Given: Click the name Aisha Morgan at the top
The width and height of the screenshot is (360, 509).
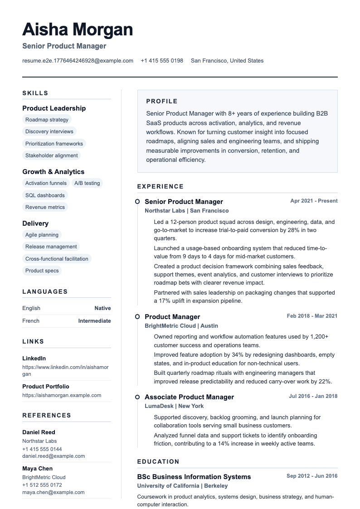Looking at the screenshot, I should (x=78, y=30).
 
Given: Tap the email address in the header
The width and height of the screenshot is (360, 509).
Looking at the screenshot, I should (x=78, y=61).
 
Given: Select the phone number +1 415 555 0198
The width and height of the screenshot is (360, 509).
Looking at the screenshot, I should (x=162, y=61).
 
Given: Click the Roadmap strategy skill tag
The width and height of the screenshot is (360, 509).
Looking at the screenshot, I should (x=47, y=120).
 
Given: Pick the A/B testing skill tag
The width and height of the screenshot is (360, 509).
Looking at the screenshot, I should (x=87, y=183).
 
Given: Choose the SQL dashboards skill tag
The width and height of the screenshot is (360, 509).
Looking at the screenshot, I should (x=45, y=195).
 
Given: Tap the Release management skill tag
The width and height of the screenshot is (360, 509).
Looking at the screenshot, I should (x=51, y=247).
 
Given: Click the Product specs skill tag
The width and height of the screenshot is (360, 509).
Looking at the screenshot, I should (x=42, y=271).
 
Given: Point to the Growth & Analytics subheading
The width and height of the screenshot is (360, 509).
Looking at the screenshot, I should (x=54, y=172).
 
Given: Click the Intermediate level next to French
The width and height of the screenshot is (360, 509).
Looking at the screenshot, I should (x=94, y=321).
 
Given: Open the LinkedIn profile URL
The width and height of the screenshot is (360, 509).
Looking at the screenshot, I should (x=65, y=370).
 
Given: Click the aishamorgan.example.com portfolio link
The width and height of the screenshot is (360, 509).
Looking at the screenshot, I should (x=62, y=395).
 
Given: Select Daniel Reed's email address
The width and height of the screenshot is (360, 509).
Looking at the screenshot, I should (x=54, y=456).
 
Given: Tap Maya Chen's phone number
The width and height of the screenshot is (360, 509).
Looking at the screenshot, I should (x=42, y=485).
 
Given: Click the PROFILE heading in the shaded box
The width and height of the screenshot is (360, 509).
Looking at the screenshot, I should (x=162, y=102).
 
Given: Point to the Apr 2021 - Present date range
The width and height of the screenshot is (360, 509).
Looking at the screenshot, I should (x=314, y=201).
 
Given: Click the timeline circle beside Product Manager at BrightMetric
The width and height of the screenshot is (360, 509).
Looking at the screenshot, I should (x=137, y=316).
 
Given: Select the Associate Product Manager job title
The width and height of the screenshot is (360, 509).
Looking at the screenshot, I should (x=189, y=397).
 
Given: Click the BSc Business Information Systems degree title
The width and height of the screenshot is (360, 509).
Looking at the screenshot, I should (x=194, y=477).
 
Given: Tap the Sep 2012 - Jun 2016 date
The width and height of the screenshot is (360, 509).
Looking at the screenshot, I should (x=312, y=476).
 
